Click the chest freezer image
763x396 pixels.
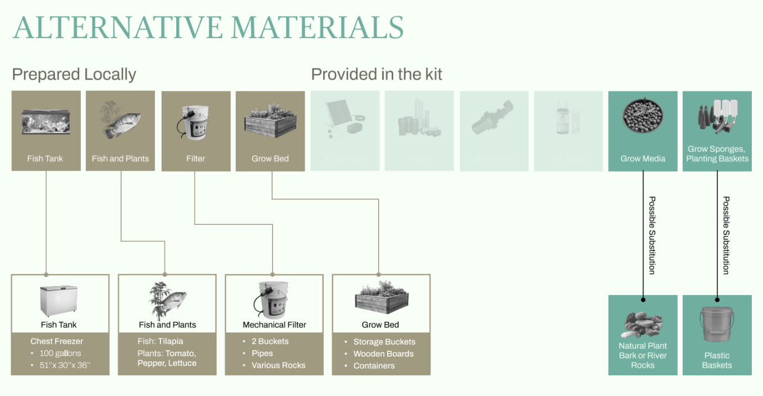pyautogui.click(x=58, y=301)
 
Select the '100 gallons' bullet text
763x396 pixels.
pyautogui.click(x=60, y=353)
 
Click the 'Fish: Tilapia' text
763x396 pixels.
pyautogui.click(x=160, y=341)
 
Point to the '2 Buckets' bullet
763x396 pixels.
pyautogui.click(x=270, y=341)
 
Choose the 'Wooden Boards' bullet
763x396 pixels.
pyautogui.click(x=383, y=354)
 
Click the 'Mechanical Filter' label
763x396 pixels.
pyautogui.click(x=274, y=325)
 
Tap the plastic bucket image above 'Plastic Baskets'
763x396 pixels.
pyautogui.click(x=717, y=324)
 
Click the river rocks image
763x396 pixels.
pyautogui.click(x=643, y=324)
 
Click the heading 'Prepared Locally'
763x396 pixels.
pyautogui.click(x=74, y=74)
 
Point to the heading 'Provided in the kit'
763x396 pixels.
pyautogui.click(x=376, y=74)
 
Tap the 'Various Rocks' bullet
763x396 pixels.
pyautogui.click(x=278, y=365)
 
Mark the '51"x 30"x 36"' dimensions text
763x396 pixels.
pyautogui.click(x=65, y=366)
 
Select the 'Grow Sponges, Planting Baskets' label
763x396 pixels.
pyautogui.click(x=717, y=154)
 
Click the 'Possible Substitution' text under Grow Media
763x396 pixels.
pyautogui.click(x=652, y=235)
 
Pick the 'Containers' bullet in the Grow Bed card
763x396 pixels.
pyautogui.click(x=374, y=366)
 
